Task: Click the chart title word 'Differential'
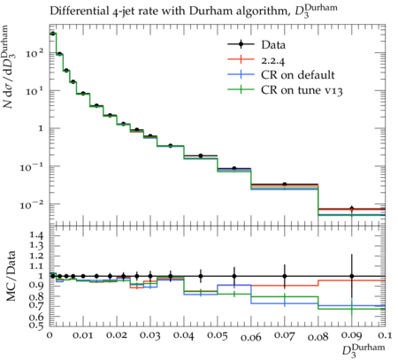point(75,11)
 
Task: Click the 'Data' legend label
point(273,45)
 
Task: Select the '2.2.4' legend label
point(272,61)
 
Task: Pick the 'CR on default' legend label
point(298,75)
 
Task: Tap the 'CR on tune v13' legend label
point(302,90)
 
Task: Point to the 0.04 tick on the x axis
point(184,335)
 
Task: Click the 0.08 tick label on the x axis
point(318,335)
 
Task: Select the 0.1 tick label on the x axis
point(385,335)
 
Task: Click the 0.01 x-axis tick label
point(83,335)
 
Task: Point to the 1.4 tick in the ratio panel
point(36,235)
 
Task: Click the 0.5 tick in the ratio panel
point(36,325)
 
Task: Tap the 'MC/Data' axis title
point(11,276)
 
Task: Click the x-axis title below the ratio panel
point(364,350)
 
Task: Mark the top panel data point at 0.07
point(285,184)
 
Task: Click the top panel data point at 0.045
point(201,156)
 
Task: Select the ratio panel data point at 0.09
point(352,276)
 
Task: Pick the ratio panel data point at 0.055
point(234,276)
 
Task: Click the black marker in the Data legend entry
point(241,44)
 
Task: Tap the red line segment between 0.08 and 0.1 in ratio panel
point(352,280)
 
